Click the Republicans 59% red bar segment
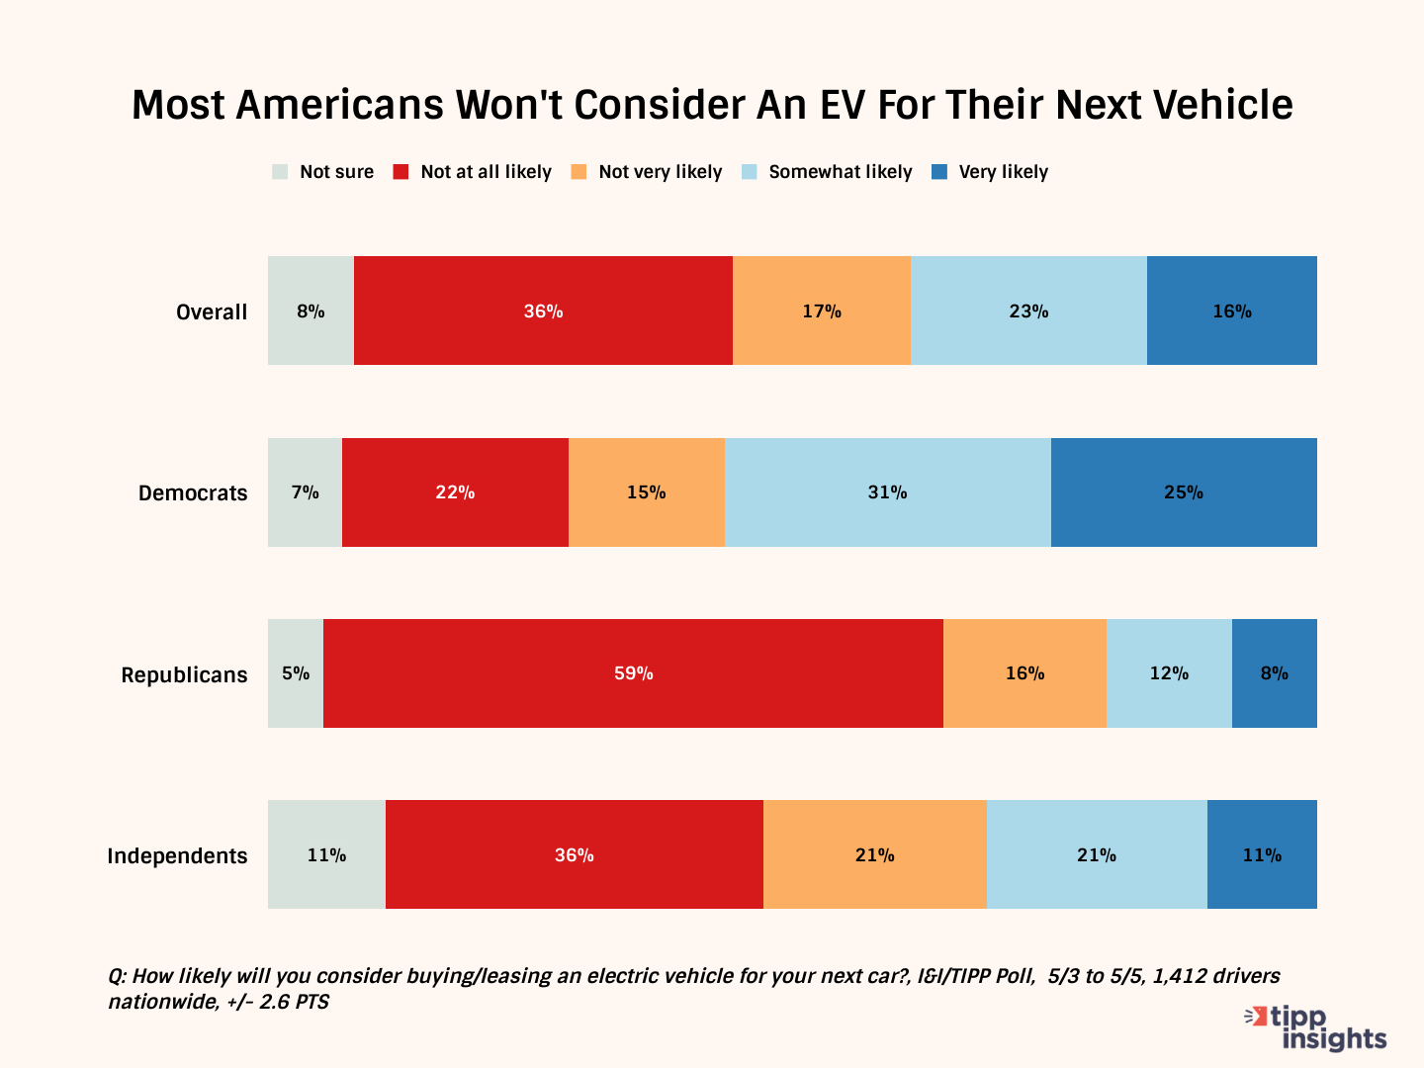633,673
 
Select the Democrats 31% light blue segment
887,492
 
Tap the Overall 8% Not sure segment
311,311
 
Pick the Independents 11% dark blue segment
1262,854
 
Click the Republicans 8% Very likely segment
1274,673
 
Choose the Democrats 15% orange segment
646,492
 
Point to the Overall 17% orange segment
821,311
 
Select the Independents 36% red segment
574,854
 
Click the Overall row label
212,312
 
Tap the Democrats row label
193,493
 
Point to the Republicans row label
184,675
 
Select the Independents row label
177,856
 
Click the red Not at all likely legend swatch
400,172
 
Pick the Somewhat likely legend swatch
749,172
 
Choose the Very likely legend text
1003,172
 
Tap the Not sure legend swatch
280,172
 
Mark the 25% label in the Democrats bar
1183,492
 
